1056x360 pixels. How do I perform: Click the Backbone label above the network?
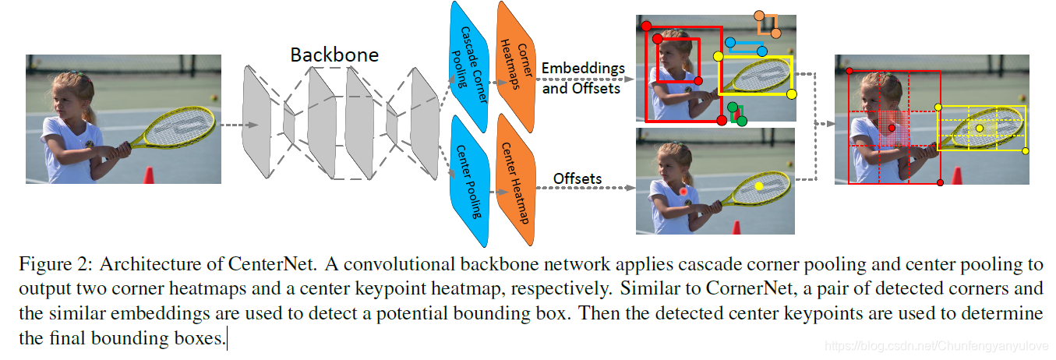tap(334, 55)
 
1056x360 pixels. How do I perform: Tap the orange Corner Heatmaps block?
tap(515, 59)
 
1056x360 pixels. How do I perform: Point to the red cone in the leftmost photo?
tap(149, 173)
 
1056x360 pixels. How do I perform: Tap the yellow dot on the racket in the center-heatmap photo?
tap(759, 186)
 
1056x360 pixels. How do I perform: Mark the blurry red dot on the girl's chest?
tap(683, 191)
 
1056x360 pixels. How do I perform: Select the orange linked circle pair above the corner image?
tap(768, 25)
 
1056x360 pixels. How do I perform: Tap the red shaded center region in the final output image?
tap(892, 127)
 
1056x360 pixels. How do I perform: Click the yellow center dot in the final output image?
tap(980, 127)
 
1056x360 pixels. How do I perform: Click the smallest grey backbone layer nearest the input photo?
tap(289, 125)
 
